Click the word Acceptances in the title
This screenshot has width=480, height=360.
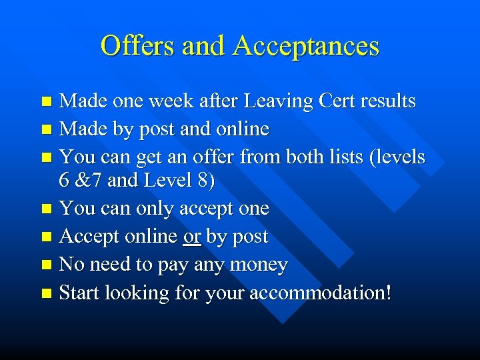click(306, 46)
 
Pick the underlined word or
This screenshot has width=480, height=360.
click(192, 237)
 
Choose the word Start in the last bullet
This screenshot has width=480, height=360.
click(79, 293)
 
